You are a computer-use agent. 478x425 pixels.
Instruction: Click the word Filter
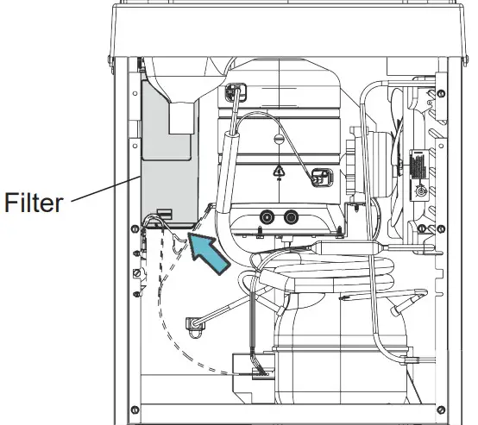tap(34, 202)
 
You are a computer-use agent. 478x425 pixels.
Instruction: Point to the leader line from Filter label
tap(106, 189)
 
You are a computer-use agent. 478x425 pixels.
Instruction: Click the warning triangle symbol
tap(279, 171)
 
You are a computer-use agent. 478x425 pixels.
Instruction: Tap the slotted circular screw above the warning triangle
tap(279, 139)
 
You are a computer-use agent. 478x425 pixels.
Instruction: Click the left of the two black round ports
tap(267, 217)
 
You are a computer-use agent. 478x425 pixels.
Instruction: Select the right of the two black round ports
tap(291, 217)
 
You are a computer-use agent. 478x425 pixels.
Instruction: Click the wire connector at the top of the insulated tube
tap(236, 92)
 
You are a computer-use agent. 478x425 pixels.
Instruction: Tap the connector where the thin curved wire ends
tap(322, 178)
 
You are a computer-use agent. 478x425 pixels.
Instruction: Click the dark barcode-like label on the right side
tap(418, 166)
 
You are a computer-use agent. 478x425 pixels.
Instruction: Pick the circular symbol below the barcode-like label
tap(422, 191)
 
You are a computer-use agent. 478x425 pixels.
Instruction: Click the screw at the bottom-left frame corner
tap(135, 409)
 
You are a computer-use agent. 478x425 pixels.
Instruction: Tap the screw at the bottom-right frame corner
tap(441, 409)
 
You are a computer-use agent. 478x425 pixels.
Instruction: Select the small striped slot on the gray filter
tap(165, 213)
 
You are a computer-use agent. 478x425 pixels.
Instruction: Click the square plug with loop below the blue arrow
tap(195, 325)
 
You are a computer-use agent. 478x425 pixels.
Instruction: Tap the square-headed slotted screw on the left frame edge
tap(137, 272)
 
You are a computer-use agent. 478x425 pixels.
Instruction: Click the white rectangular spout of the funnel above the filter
tap(182, 118)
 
